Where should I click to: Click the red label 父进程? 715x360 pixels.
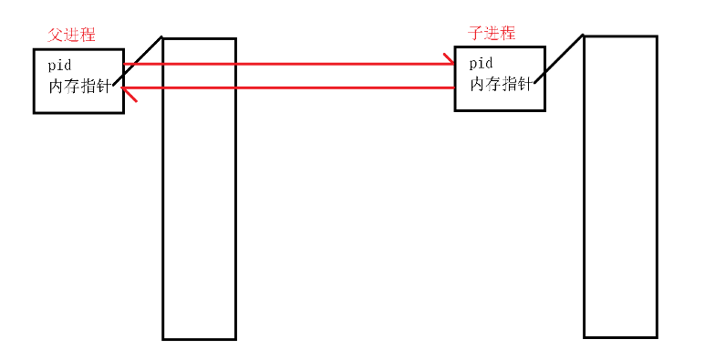71,35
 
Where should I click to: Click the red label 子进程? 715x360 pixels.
492,33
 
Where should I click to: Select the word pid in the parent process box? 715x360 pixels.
59,66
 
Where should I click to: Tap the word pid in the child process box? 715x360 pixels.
481,63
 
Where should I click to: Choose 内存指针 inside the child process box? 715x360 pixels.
501,84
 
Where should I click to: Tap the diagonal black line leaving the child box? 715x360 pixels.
559,58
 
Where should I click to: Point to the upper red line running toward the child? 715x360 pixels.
292,65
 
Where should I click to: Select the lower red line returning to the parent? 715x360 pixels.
292,87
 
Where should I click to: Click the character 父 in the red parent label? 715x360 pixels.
54,35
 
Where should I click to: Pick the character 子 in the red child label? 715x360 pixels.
475,33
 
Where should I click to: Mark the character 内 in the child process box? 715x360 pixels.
478,84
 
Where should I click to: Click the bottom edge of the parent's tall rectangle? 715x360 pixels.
199,339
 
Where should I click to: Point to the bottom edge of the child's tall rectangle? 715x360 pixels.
620,337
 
